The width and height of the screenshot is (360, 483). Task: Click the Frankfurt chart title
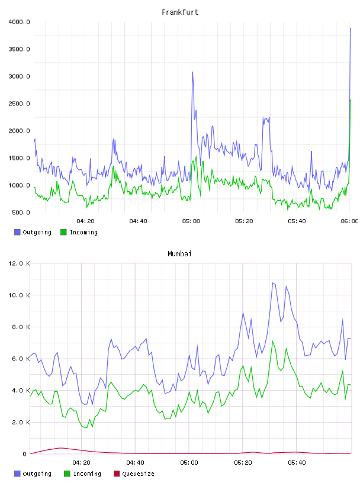coord(180,12)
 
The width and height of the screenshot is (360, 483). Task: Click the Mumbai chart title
coord(179,254)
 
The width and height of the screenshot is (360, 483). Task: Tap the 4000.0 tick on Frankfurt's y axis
coord(19,22)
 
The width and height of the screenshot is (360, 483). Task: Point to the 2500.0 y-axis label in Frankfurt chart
coord(19,104)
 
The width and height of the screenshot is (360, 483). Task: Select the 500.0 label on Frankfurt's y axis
coord(21,212)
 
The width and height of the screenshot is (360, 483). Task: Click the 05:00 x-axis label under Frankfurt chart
coord(191,221)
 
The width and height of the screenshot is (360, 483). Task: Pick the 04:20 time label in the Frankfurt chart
coord(85,221)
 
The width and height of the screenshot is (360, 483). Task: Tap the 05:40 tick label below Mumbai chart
coord(297,463)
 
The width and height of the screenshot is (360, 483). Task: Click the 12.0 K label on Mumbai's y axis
coord(19,263)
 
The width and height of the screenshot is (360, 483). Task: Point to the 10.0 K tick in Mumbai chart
coord(19,295)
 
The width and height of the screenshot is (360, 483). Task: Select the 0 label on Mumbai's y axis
coord(25,454)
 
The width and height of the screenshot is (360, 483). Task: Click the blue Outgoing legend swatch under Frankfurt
coord(17,232)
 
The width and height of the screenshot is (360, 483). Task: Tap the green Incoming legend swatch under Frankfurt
coord(63,232)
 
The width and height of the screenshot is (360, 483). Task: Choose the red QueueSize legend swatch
coord(117,474)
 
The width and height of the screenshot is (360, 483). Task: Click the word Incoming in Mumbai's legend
coord(87,474)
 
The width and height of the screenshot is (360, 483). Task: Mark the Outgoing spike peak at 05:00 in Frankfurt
coord(192,72)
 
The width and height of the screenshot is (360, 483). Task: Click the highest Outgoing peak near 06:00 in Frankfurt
coord(351,28)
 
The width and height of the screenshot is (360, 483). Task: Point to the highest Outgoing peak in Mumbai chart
coord(272,283)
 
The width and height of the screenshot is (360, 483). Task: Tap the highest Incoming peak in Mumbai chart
coord(272,342)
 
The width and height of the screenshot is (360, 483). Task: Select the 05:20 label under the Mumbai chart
coord(243,463)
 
